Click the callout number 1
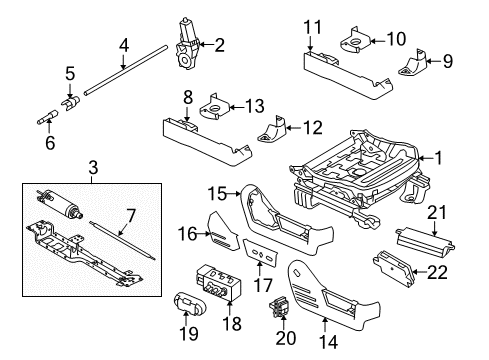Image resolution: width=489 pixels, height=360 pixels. tap(438, 158)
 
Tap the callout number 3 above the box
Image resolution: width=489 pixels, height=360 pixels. tap(94, 167)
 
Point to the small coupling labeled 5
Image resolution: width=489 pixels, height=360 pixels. tap(71, 103)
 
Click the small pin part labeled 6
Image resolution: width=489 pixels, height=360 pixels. tap(48, 117)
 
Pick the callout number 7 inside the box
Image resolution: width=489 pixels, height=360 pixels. tap(131, 216)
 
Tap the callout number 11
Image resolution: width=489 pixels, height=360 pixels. tap(313, 27)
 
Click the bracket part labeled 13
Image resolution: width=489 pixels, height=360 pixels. tap(214, 107)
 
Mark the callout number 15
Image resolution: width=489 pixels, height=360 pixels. tap(217, 194)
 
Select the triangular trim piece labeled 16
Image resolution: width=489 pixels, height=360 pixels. tap(223, 232)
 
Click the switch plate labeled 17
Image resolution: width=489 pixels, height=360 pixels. tap(261, 253)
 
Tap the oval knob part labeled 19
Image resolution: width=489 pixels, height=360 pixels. tap(190, 303)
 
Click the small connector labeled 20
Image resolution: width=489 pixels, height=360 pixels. tap(279, 306)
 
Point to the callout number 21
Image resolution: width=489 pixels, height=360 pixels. tap(437, 213)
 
